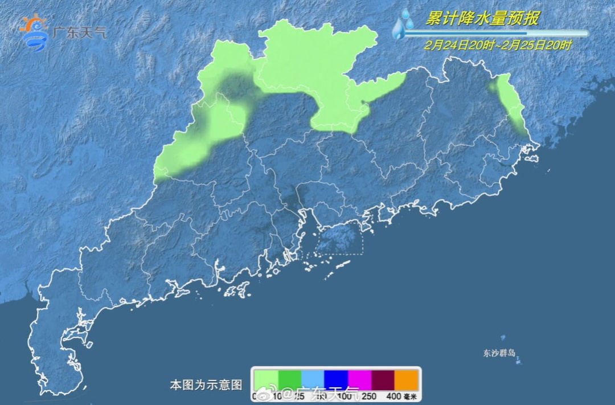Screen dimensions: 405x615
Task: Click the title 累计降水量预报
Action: coord(482,19)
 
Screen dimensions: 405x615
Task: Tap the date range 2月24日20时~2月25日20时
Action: coord(498,45)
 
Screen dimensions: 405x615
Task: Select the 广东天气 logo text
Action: coord(79,32)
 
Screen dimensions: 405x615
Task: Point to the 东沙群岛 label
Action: coord(499,353)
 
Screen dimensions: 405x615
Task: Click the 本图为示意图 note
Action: coord(206,385)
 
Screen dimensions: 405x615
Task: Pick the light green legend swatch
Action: coord(266,379)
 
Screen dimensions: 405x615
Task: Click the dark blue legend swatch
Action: coord(336,379)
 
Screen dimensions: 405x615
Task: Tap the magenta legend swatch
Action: coord(359,379)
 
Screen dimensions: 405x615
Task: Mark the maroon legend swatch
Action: coord(383,379)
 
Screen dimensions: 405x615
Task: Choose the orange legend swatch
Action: coord(406,379)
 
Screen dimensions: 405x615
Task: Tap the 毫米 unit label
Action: coord(410,396)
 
